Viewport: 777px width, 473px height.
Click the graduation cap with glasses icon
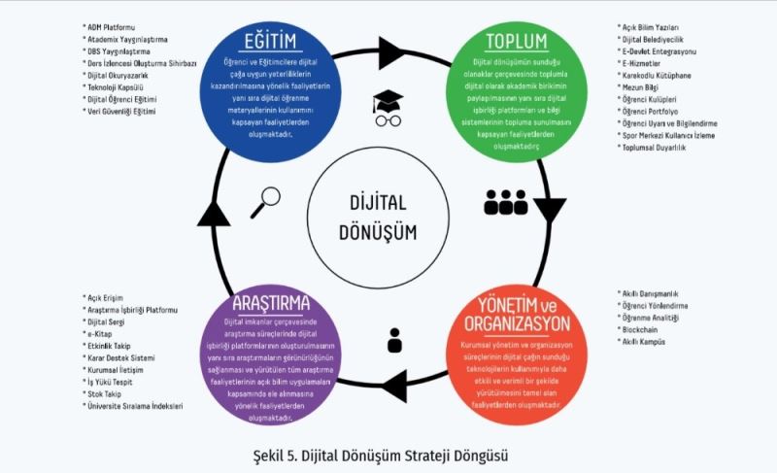388,107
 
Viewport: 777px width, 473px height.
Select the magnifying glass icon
263,200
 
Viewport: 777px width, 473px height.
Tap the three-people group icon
505,201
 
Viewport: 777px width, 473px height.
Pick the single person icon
394,340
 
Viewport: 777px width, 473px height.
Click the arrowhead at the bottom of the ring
393,383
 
